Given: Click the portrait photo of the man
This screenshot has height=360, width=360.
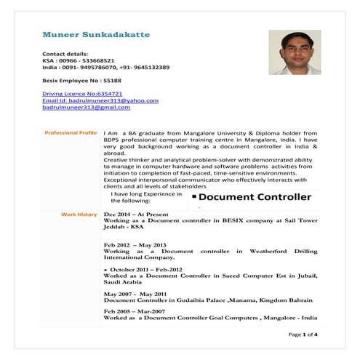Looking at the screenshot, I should [x=295, y=52].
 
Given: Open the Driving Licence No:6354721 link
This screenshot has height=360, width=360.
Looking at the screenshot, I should [x=82, y=94].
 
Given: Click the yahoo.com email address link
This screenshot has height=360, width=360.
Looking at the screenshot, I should [x=100, y=100].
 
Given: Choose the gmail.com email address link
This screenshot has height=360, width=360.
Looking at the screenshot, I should [x=87, y=107].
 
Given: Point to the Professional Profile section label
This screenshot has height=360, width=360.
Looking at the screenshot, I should [x=71, y=133].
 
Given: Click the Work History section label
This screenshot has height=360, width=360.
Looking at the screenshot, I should [x=79, y=215].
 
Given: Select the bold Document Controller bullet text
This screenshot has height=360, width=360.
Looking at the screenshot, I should [x=255, y=197].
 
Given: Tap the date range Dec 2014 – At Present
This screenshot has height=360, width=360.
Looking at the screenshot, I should [x=136, y=215].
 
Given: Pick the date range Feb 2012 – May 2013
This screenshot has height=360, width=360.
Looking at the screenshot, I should [x=135, y=245].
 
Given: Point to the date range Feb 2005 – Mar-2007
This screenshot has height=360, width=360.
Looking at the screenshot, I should [x=135, y=311].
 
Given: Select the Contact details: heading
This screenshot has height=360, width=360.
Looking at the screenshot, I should [x=65, y=54].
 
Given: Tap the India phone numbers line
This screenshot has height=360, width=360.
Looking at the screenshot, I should [x=106, y=67].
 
